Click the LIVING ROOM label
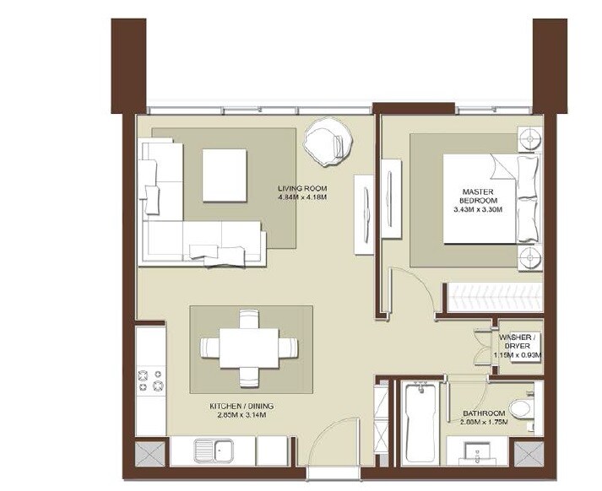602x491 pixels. click(302, 187)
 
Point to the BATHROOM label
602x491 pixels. click(484, 414)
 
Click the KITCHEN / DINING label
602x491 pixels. click(241, 406)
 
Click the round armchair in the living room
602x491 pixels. click(325, 141)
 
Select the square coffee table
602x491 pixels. click(224, 175)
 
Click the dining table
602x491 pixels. click(249, 347)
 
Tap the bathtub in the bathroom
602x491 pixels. click(420, 423)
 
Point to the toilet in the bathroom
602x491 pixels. click(519, 409)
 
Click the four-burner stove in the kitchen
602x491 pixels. click(152, 380)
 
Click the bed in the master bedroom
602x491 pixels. click(490, 198)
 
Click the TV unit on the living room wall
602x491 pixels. click(364, 214)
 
